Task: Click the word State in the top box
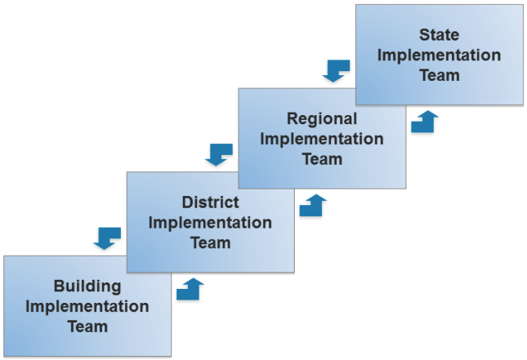[439, 35]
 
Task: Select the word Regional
[321, 119]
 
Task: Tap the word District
[210, 202]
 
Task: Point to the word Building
[87, 287]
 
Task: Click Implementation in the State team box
[440, 56]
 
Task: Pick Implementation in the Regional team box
[321, 139]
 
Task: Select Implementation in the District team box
[210, 222]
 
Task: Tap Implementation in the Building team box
[87, 307]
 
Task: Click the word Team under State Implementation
[440, 75]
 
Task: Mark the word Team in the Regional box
[321, 158]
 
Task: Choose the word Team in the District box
[210, 242]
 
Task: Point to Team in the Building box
[87, 327]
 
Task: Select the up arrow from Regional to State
[425, 122]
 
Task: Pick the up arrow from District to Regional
[313, 205]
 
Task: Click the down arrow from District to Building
[107, 238]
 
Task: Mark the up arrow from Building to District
[190, 289]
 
